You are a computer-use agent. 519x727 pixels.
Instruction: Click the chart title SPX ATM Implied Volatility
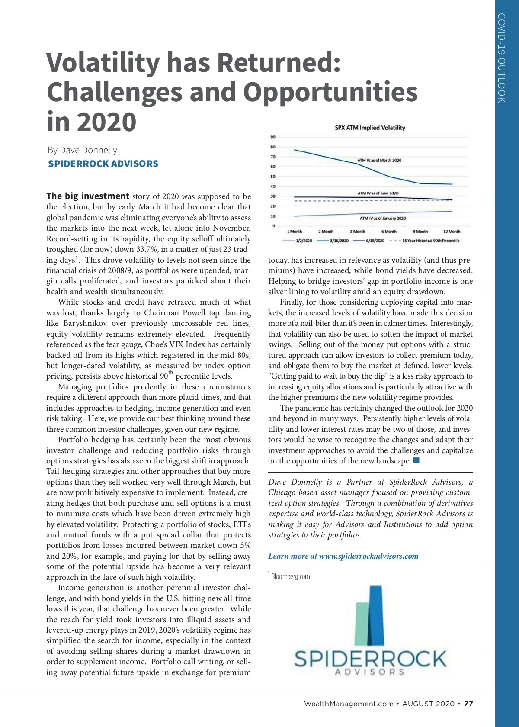[x=370, y=128]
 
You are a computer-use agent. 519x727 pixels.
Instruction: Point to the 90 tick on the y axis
[x=273, y=137]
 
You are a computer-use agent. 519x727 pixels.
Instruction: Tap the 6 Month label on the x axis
[x=389, y=232]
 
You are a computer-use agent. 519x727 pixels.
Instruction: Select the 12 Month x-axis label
[x=452, y=232]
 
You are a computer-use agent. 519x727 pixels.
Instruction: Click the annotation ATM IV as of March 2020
[x=379, y=160]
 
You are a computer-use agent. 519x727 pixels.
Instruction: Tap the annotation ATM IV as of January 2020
[x=383, y=218]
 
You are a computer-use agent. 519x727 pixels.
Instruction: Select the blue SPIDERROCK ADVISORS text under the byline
[x=103, y=164]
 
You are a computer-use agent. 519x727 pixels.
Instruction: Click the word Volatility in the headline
[x=103, y=63]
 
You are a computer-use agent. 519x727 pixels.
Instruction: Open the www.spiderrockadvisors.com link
[x=368, y=556]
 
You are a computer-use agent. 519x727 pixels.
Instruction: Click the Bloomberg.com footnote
[x=290, y=576]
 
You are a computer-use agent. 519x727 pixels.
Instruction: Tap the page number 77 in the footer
[x=468, y=704]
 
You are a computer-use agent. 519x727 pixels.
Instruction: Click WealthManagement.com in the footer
[x=349, y=704]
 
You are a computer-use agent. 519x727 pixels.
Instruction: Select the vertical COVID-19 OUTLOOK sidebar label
[x=502, y=58]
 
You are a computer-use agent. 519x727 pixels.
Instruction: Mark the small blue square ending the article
[x=416, y=460]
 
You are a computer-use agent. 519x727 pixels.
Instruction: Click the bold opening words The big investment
[x=88, y=196]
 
